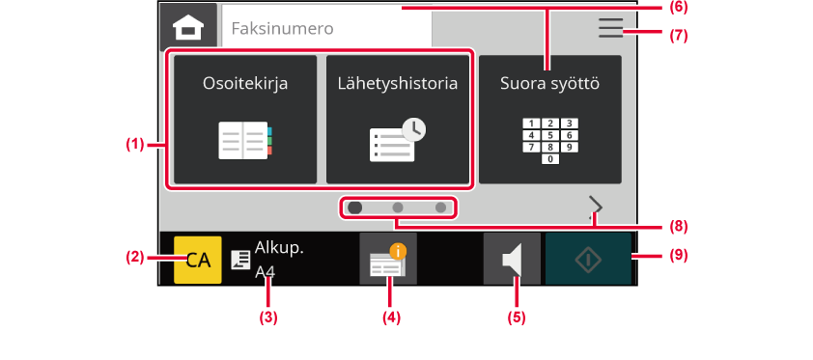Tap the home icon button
(188, 25)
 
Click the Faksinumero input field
(326, 27)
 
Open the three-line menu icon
(610, 27)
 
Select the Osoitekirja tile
(245, 119)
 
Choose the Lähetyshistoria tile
(398, 119)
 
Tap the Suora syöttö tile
(550, 119)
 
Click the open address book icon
(245, 140)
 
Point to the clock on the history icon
(414, 130)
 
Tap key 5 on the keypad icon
(550, 135)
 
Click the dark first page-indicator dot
(355, 208)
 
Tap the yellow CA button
(198, 260)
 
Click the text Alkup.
(279, 248)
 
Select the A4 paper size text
(265, 271)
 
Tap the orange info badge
(398, 252)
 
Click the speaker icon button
(512, 259)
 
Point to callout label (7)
(678, 36)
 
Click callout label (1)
(135, 145)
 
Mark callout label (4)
(391, 318)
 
